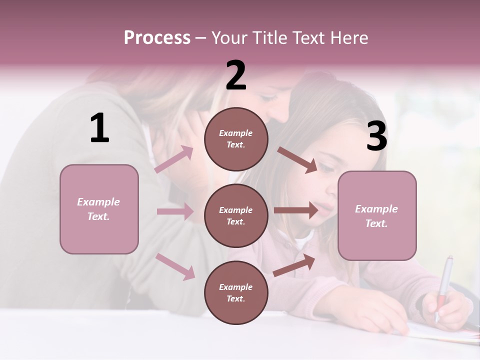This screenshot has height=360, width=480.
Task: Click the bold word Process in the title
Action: (157, 38)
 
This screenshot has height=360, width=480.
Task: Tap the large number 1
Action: (99, 128)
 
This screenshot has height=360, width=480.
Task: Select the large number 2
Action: (236, 75)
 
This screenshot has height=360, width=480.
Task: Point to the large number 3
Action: (377, 137)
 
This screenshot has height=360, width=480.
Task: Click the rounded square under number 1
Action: (99, 209)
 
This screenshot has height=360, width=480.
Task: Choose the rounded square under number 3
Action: (377, 216)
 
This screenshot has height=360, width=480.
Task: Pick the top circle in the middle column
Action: (236, 139)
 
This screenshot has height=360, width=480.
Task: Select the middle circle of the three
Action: (236, 215)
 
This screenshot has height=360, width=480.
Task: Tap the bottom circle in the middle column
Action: (236, 292)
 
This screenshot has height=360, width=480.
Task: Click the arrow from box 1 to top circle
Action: (174, 159)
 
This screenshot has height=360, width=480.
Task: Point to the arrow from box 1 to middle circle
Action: (175, 211)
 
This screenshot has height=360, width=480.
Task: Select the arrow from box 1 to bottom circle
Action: (175, 266)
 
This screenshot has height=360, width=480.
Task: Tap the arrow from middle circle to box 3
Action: (296, 210)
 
